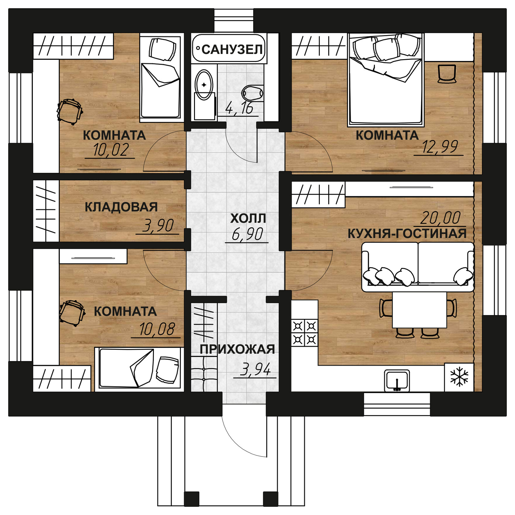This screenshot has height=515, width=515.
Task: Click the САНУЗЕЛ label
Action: (232, 49)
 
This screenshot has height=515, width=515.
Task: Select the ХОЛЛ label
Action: (248, 219)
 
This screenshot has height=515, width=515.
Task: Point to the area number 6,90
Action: (247, 234)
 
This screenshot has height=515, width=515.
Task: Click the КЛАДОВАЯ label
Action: (121, 207)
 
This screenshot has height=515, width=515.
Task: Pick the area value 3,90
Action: (158, 226)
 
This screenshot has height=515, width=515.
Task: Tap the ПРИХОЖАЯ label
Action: (237, 349)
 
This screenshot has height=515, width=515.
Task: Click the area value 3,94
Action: (255, 369)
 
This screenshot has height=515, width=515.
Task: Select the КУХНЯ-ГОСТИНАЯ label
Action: (407, 234)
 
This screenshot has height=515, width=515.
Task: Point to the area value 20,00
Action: (440, 218)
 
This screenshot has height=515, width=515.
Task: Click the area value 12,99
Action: (440, 147)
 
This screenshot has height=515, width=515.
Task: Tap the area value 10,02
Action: (111, 150)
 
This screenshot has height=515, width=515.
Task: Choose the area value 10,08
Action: (157, 329)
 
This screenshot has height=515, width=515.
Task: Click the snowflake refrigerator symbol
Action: (459, 377)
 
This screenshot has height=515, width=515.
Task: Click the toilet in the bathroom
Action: (253, 93)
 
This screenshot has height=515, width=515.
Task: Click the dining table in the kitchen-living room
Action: (419, 310)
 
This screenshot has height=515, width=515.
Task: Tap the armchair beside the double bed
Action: (446, 74)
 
